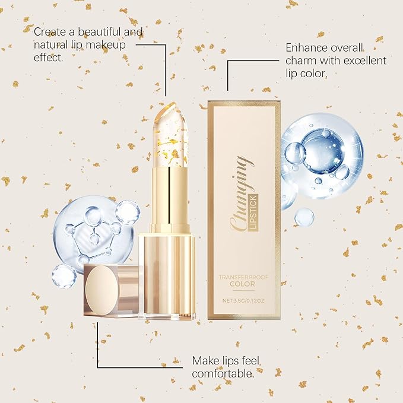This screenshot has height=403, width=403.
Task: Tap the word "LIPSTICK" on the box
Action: click(x=251, y=198)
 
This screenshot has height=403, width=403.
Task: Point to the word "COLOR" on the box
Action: click(x=243, y=284)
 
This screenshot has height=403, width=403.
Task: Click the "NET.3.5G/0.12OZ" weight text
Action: click(x=243, y=300)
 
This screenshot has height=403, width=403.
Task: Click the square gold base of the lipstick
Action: click(x=167, y=273)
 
